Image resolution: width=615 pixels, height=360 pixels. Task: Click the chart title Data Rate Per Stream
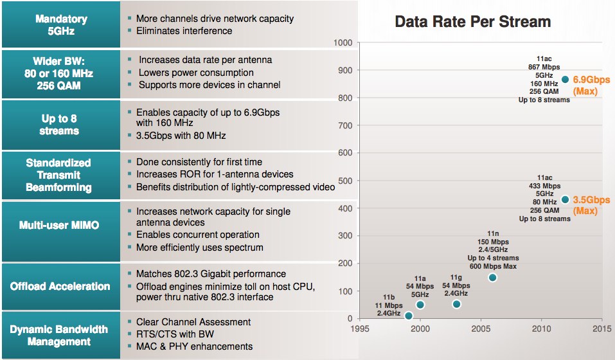tap(472, 22)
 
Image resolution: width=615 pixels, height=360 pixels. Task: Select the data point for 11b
tap(408, 316)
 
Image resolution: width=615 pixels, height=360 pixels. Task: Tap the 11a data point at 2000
tap(420, 305)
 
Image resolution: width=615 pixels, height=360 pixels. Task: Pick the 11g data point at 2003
tap(456, 304)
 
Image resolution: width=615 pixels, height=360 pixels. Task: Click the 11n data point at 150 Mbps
tap(492, 278)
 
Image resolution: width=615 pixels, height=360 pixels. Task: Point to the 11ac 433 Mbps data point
tap(565, 199)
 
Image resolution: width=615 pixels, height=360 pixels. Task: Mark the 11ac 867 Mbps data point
tap(565, 80)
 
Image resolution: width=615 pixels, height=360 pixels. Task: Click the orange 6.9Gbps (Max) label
tap(590, 85)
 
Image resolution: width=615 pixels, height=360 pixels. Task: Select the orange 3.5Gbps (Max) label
tap(590, 205)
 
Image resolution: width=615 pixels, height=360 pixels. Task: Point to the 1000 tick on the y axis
tap(344, 43)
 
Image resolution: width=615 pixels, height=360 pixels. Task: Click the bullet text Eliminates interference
tap(184, 31)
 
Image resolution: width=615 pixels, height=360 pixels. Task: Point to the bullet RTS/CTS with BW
tap(175, 334)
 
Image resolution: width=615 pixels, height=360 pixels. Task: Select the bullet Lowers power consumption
tap(196, 73)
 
